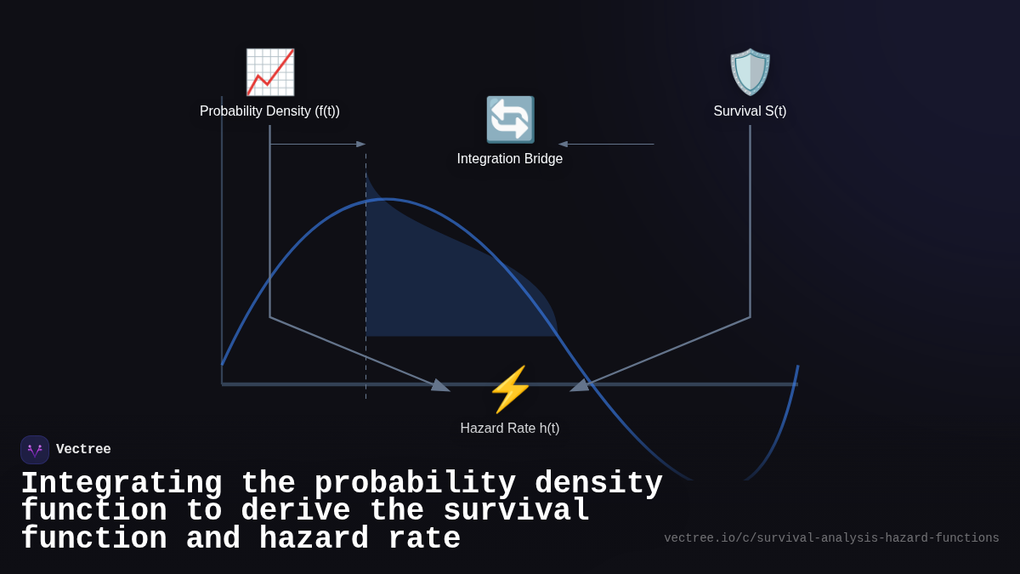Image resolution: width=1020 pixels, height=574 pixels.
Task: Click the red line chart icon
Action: (x=269, y=72)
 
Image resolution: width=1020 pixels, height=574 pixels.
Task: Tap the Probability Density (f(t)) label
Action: (x=269, y=111)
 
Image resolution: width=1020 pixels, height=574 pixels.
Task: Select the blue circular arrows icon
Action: (x=510, y=119)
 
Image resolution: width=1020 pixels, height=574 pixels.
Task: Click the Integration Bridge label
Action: (x=510, y=159)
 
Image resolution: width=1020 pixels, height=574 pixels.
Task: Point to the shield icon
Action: (x=750, y=72)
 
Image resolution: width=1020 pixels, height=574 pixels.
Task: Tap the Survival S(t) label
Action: (x=750, y=111)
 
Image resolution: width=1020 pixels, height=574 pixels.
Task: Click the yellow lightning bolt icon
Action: (x=510, y=389)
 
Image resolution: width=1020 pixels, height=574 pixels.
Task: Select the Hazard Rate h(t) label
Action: (x=510, y=429)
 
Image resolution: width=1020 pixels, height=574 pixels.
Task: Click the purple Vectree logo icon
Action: (x=35, y=450)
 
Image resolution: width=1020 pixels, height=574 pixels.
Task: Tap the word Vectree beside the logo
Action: (x=83, y=450)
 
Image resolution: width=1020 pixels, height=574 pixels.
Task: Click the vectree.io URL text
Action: (x=831, y=538)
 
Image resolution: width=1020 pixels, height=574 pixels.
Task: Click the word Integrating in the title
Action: (x=121, y=484)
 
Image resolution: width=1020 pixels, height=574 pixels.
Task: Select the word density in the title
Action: (x=598, y=484)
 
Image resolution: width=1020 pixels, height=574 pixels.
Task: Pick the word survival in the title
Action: (x=516, y=511)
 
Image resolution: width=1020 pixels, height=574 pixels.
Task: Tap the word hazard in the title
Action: (x=314, y=539)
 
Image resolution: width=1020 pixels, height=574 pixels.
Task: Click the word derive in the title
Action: (x=295, y=511)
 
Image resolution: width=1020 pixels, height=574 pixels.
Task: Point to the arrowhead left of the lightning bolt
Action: (x=441, y=386)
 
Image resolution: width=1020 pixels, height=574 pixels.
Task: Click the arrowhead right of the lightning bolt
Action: (x=579, y=386)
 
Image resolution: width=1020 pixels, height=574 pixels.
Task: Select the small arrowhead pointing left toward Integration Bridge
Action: (x=563, y=145)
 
